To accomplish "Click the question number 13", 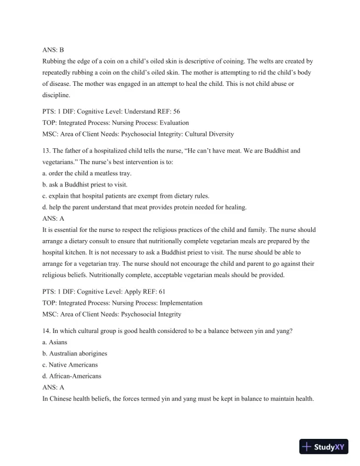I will tap(48, 151).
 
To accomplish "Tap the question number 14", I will tap(48, 331).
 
